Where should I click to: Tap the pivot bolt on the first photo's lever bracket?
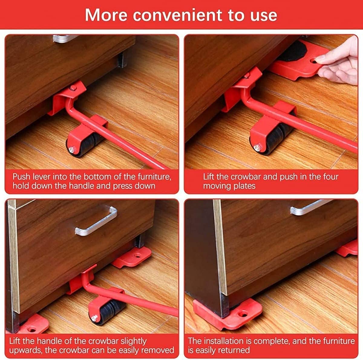pyautogui.click(x=73, y=88)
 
